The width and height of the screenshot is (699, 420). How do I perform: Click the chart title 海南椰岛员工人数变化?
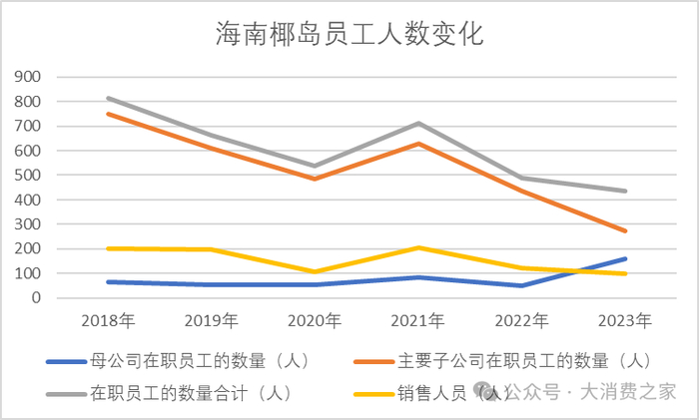point(349,35)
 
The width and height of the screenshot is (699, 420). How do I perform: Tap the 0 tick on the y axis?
point(37,298)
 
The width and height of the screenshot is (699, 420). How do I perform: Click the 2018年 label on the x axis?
point(108,321)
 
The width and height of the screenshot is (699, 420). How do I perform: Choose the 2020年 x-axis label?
point(315,321)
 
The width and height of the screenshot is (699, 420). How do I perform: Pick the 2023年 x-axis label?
point(625,321)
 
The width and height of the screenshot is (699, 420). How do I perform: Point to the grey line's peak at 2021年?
point(418,124)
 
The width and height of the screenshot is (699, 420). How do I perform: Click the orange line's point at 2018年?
point(108,114)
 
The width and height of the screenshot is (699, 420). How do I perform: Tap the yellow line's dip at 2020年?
point(315,271)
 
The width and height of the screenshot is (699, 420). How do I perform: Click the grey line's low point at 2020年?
point(315,167)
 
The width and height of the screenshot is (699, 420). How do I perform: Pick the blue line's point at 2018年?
point(108,281)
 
